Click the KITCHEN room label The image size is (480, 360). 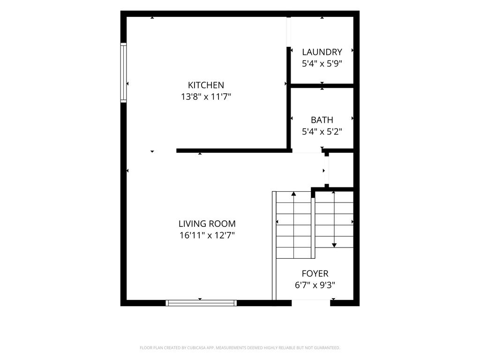[x=206, y=85]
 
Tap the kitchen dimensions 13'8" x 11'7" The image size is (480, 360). [x=206, y=97]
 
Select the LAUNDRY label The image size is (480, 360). [x=322, y=52]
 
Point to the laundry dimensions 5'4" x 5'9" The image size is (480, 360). [x=322, y=64]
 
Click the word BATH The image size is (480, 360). [x=322, y=120]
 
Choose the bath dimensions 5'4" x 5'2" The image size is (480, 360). [x=322, y=132]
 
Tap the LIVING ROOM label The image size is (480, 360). [x=207, y=224]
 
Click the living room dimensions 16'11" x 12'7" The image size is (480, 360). [x=207, y=235]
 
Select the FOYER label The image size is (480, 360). [x=315, y=273]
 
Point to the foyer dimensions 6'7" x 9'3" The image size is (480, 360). [x=315, y=285]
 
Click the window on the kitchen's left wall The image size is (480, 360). [x=123, y=73]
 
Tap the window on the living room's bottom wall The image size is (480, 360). [x=201, y=303]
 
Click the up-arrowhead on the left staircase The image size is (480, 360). [x=293, y=194]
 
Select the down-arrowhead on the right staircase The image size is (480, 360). [x=334, y=245]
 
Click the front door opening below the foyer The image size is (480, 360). [x=311, y=303]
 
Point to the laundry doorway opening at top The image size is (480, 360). [x=288, y=32]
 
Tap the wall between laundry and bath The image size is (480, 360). [x=322, y=86]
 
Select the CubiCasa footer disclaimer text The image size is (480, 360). [x=240, y=348]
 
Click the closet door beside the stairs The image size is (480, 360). [x=327, y=170]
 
